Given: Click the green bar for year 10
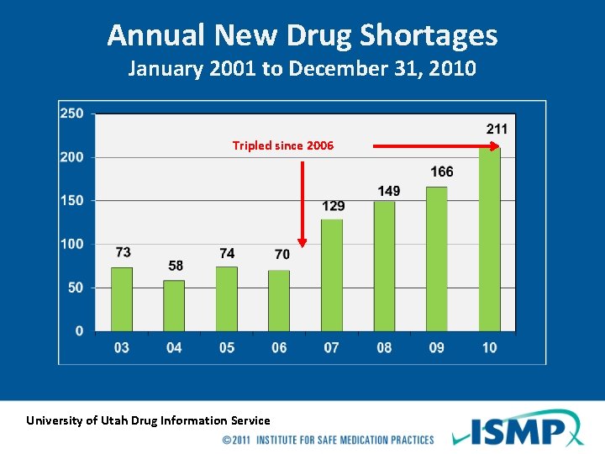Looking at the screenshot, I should [489, 239].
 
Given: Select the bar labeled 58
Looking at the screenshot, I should [174, 306].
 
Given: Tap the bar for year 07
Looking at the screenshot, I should [331, 275].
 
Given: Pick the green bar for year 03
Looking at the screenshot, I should [122, 299].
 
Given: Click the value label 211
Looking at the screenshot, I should [497, 129].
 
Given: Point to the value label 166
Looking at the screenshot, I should [441, 172].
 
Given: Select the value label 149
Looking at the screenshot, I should [389, 191].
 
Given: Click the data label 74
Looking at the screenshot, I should [227, 253].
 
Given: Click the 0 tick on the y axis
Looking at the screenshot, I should [79, 331].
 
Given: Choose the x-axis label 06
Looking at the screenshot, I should [279, 347].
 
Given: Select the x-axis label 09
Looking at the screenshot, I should [436, 347].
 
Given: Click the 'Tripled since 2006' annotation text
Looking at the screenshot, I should [282, 145].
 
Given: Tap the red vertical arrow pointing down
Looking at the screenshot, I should [302, 202].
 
